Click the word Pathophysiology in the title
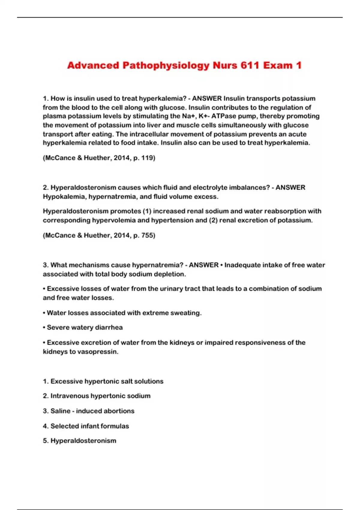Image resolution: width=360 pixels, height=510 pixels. click(166, 65)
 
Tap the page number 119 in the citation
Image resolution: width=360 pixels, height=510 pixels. click(147, 158)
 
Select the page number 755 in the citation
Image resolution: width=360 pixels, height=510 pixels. click(147, 235)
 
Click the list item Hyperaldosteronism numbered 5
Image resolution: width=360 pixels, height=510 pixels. click(83, 441)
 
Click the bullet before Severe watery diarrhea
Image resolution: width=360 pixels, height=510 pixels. click(44, 327)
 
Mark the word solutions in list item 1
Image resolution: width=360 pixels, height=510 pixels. click(149, 381)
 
